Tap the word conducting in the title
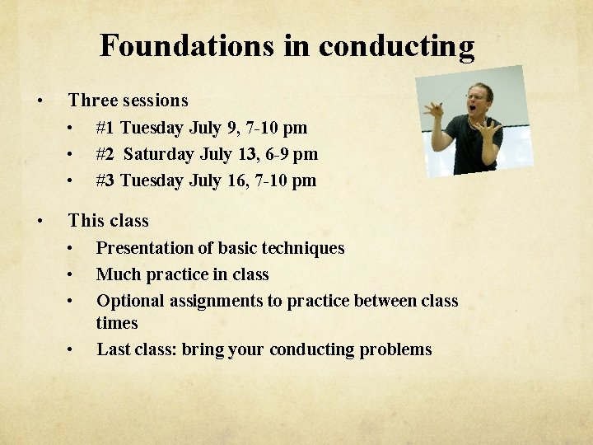396,47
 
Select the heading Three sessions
128,101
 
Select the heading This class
108,221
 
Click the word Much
115,274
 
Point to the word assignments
215,301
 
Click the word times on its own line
117,323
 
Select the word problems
395,349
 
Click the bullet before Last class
72,349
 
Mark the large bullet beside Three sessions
39,101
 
